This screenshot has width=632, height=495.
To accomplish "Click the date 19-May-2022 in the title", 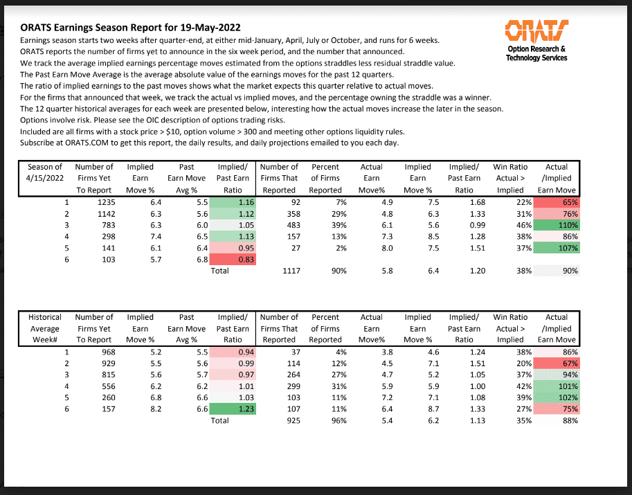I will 205,28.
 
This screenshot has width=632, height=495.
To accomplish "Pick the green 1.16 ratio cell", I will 232,202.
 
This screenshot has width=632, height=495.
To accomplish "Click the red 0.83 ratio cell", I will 232,259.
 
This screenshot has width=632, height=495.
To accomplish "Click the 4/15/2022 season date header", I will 45,179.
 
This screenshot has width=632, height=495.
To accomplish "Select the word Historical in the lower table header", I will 45,317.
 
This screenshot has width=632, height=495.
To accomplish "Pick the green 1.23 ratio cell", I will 232,408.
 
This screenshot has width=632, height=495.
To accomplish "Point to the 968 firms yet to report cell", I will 102,352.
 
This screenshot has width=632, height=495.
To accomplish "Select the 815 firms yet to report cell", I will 102,375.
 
